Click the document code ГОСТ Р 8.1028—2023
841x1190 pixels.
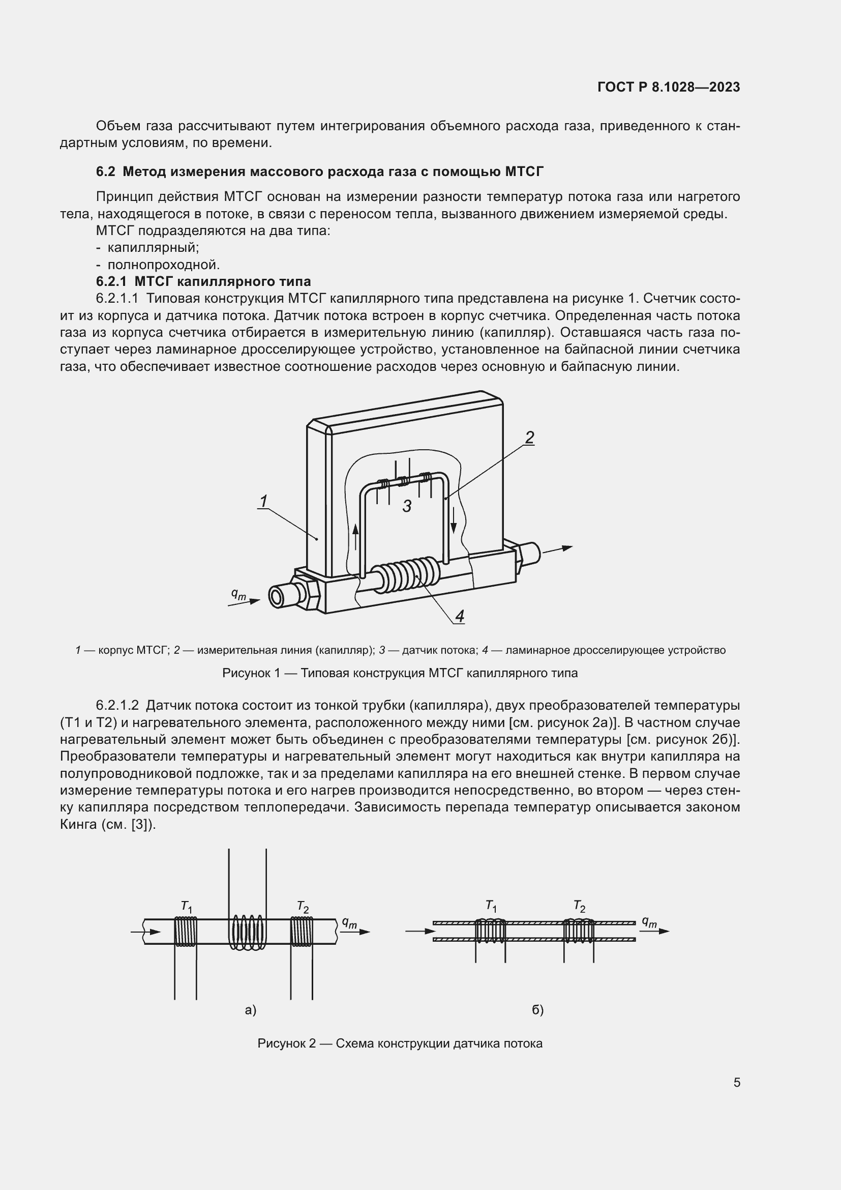[x=669, y=87]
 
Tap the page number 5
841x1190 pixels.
[x=736, y=1082]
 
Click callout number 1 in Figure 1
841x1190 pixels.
[x=263, y=501]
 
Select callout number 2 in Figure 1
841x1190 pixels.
[x=529, y=438]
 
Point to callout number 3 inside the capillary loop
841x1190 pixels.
[x=407, y=506]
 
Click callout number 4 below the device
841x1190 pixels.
[x=459, y=616]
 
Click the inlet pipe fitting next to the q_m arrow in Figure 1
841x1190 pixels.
[x=282, y=596]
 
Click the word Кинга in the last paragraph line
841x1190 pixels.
[x=78, y=825]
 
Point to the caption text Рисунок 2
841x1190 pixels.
[x=286, y=1044]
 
